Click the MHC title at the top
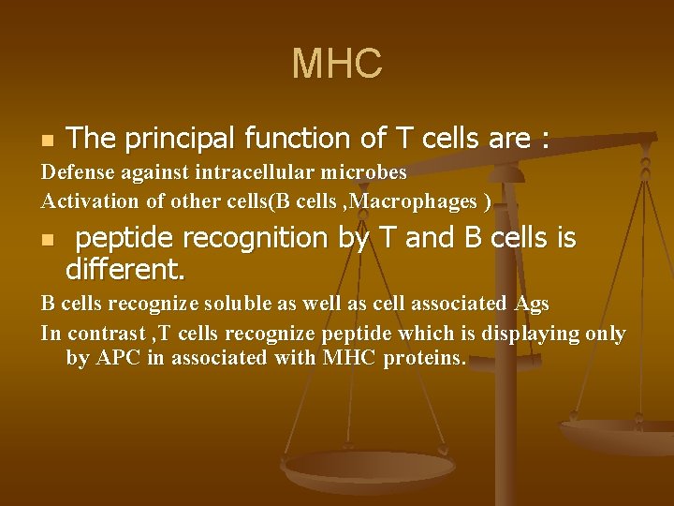(x=337, y=65)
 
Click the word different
(x=125, y=270)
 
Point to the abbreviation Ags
(x=532, y=304)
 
